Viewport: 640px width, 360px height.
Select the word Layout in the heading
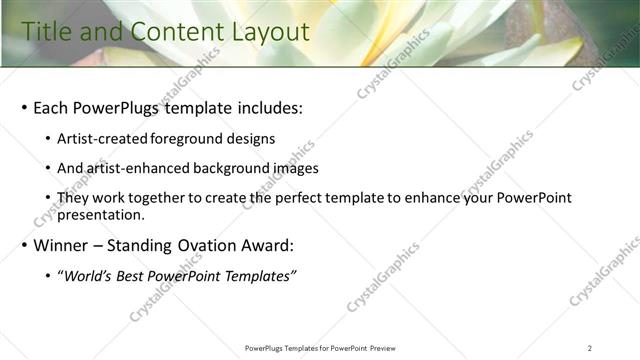[233, 33]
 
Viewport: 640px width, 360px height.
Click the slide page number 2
[590, 348]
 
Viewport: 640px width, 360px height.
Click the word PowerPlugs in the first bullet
[115, 107]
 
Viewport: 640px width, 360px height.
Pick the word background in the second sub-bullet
[236, 169]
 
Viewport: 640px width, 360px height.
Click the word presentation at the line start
[101, 214]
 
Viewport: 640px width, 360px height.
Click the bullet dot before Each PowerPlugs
[24, 108]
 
